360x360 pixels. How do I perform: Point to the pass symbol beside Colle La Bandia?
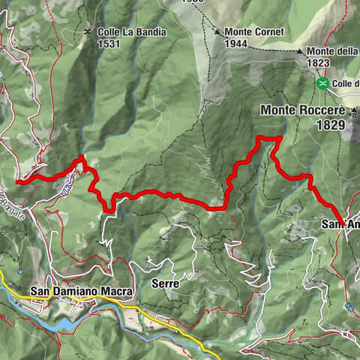pyautogui.click(x=88, y=31)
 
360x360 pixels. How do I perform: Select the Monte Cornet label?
pyautogui.click(x=251, y=32)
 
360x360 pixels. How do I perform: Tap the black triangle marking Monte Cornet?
pyautogui.click(x=217, y=32)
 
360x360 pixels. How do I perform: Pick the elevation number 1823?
pyautogui.click(x=317, y=64)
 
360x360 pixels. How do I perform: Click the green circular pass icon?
pyautogui.click(x=322, y=82)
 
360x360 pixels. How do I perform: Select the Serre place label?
pyautogui.click(x=163, y=283)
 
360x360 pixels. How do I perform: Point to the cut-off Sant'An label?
pyautogui.click(x=340, y=224)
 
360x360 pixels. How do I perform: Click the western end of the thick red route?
pyautogui.click(x=18, y=181)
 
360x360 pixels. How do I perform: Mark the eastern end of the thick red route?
pyautogui.click(x=343, y=225)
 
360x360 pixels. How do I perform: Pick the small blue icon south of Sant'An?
pyautogui.click(x=349, y=306)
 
